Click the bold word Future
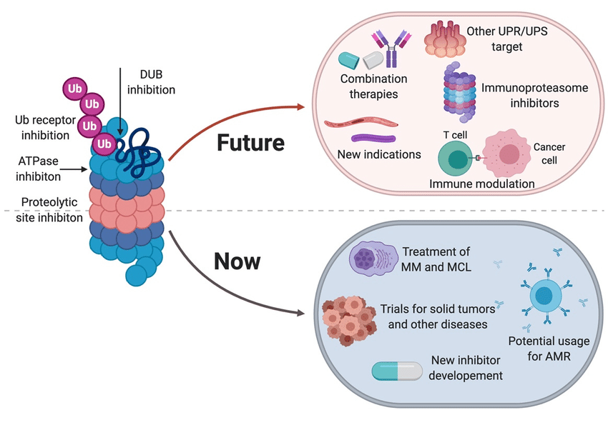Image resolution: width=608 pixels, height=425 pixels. coord(250,143)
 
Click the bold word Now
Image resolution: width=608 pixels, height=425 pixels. coord(237,261)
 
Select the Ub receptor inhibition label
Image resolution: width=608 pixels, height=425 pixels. coord(42,127)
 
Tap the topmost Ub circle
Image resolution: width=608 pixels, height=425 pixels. coord(75,89)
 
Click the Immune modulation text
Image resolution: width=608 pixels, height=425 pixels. coord(481,184)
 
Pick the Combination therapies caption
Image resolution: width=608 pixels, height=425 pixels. coord(373,86)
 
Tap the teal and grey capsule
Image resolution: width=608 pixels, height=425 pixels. coord(399,370)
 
